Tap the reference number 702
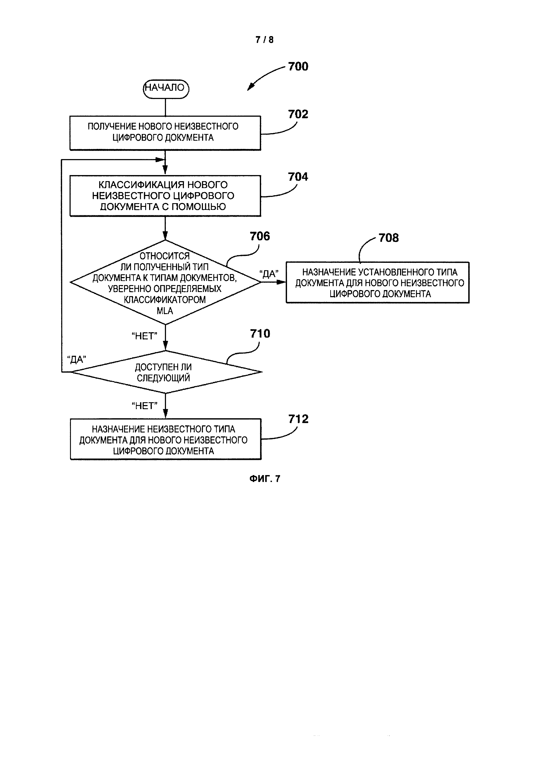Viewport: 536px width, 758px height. point(298,114)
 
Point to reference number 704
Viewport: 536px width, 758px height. point(298,177)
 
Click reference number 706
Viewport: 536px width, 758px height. point(260,236)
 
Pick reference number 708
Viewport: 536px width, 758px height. point(388,238)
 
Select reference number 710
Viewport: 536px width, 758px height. point(260,334)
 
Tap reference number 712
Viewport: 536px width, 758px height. point(298,419)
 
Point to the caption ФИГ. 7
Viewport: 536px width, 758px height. point(265,479)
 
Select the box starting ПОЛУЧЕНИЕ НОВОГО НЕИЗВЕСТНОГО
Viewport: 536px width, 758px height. point(165,133)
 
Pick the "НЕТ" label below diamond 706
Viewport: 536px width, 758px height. point(145,336)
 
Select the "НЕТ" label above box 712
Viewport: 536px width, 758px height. point(145,406)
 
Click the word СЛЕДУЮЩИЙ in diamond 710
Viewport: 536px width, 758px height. point(163,378)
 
